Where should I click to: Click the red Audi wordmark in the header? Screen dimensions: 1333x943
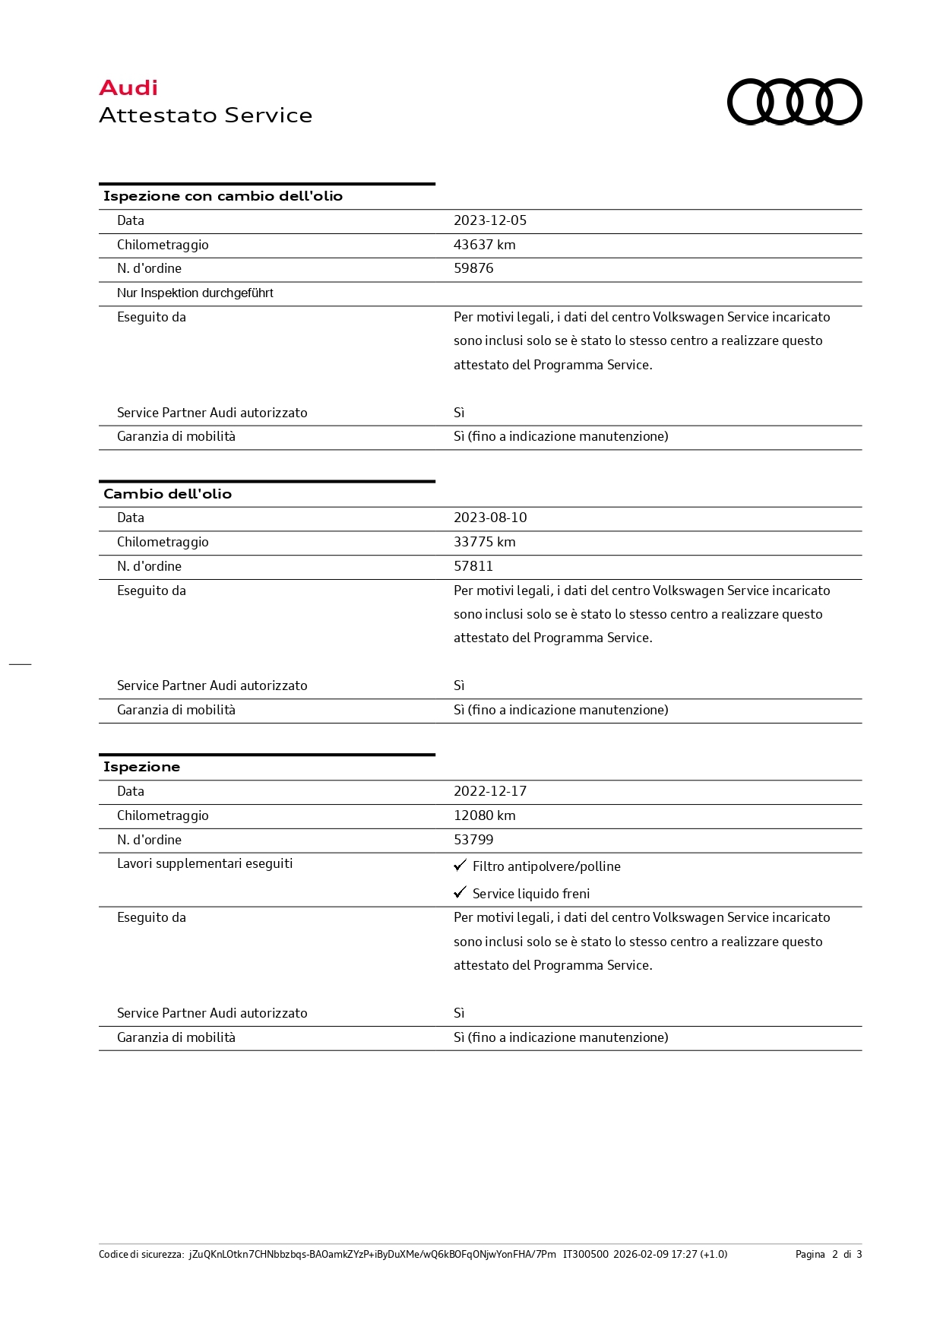[x=128, y=88]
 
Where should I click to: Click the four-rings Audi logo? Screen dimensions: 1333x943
[x=794, y=102]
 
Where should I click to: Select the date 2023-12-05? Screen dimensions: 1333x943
[x=490, y=220]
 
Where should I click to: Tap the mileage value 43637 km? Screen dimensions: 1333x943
[x=484, y=245]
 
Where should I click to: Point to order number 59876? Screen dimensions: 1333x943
[x=473, y=268]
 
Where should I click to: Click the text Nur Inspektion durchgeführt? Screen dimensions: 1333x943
[x=195, y=293]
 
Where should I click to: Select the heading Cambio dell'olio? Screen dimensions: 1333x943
[x=167, y=494]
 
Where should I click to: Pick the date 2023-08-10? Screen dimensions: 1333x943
[x=490, y=518]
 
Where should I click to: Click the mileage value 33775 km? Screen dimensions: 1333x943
[x=484, y=542]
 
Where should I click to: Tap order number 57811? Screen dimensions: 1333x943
[x=473, y=566]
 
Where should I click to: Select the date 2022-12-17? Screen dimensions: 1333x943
[x=490, y=791]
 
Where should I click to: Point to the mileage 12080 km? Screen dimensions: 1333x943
[x=484, y=815]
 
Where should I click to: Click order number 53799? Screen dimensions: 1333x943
[x=473, y=840]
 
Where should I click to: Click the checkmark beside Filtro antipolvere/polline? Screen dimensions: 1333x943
[x=460, y=866]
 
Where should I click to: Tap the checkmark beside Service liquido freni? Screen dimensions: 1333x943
[x=460, y=892]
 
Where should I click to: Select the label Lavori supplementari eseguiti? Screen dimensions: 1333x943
[x=204, y=863]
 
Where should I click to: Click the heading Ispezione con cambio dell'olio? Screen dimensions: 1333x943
[x=223, y=196]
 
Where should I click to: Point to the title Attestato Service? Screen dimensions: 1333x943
[x=205, y=116]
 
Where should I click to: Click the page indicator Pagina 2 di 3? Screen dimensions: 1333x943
[x=828, y=1254]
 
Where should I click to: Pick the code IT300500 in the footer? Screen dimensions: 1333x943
[x=585, y=1254]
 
